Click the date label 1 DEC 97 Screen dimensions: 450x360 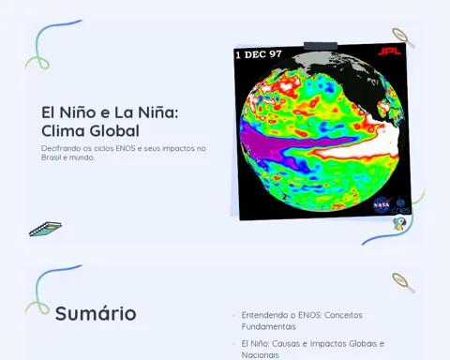(259, 54)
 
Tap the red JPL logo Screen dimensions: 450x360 (389, 51)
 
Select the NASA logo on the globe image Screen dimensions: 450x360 (382, 204)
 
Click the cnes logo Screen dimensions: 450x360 (400, 206)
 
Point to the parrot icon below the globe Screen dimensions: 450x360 (399, 224)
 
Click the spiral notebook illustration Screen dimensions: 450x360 (45, 229)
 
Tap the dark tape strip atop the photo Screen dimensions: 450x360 (321, 46)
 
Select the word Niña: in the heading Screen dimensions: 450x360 (158, 112)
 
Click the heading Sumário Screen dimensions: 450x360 (96, 313)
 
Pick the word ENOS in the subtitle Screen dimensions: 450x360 (126, 148)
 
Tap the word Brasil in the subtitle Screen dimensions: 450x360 (52, 157)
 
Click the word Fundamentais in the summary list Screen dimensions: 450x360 (268, 326)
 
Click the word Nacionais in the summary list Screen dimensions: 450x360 (260, 355)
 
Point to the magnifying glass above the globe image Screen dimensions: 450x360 (403, 38)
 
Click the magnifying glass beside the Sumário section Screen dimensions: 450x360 (403, 283)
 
